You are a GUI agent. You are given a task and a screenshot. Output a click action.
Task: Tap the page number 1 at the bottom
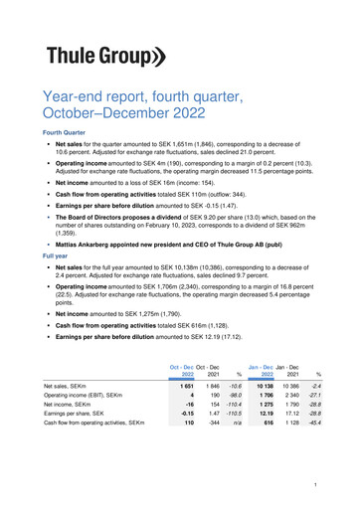pos(313,484)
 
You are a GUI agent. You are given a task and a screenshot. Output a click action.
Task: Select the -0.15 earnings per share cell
pos(185,410)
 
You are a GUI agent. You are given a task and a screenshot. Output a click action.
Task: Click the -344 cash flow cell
pos(211,424)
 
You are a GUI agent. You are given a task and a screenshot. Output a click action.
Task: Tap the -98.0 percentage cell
pos(237,397)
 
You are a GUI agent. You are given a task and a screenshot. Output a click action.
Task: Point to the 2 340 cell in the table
pos(288,397)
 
